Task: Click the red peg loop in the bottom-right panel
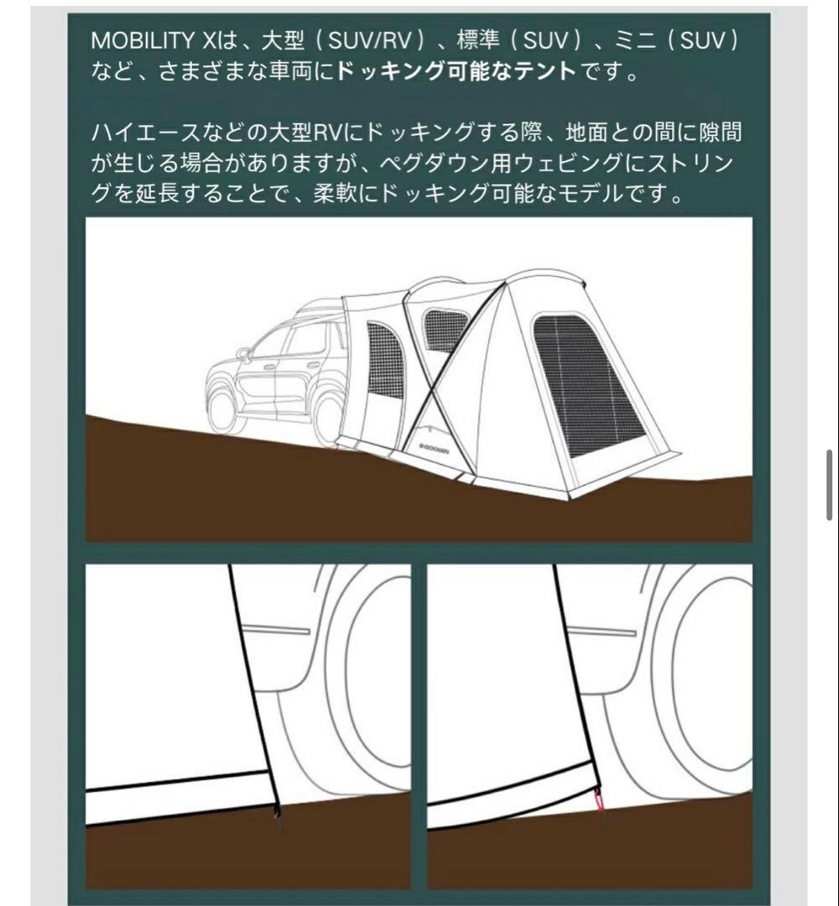point(598,802)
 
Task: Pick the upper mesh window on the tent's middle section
point(443,330)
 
